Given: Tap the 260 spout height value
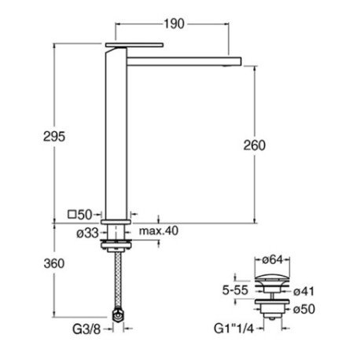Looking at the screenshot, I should [x=255, y=145].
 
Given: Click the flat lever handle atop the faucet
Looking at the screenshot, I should [x=134, y=45].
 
